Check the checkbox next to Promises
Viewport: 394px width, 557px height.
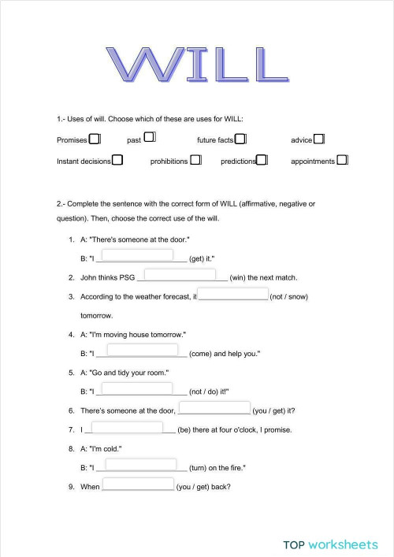tap(95, 139)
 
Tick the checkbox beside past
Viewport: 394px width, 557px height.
tap(149, 139)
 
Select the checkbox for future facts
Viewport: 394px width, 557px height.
tap(241, 139)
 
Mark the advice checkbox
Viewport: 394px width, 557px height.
tap(319, 139)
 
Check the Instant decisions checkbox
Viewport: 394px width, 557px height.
tap(117, 160)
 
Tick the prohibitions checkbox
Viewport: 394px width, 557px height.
tap(195, 160)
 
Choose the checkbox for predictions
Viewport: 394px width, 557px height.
tap(262, 160)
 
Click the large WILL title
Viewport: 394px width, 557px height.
tap(196, 65)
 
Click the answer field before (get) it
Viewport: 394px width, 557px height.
tap(138, 255)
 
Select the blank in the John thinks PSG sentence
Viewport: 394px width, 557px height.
tap(180, 274)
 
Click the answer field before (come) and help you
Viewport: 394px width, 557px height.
tap(142, 351)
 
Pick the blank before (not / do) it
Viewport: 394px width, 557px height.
tap(138, 388)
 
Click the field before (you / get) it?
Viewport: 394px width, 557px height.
tap(214, 408)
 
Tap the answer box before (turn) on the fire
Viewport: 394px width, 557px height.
tap(140, 465)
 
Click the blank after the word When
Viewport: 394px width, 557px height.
tap(137, 485)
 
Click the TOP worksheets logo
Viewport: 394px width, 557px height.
tap(330, 544)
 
